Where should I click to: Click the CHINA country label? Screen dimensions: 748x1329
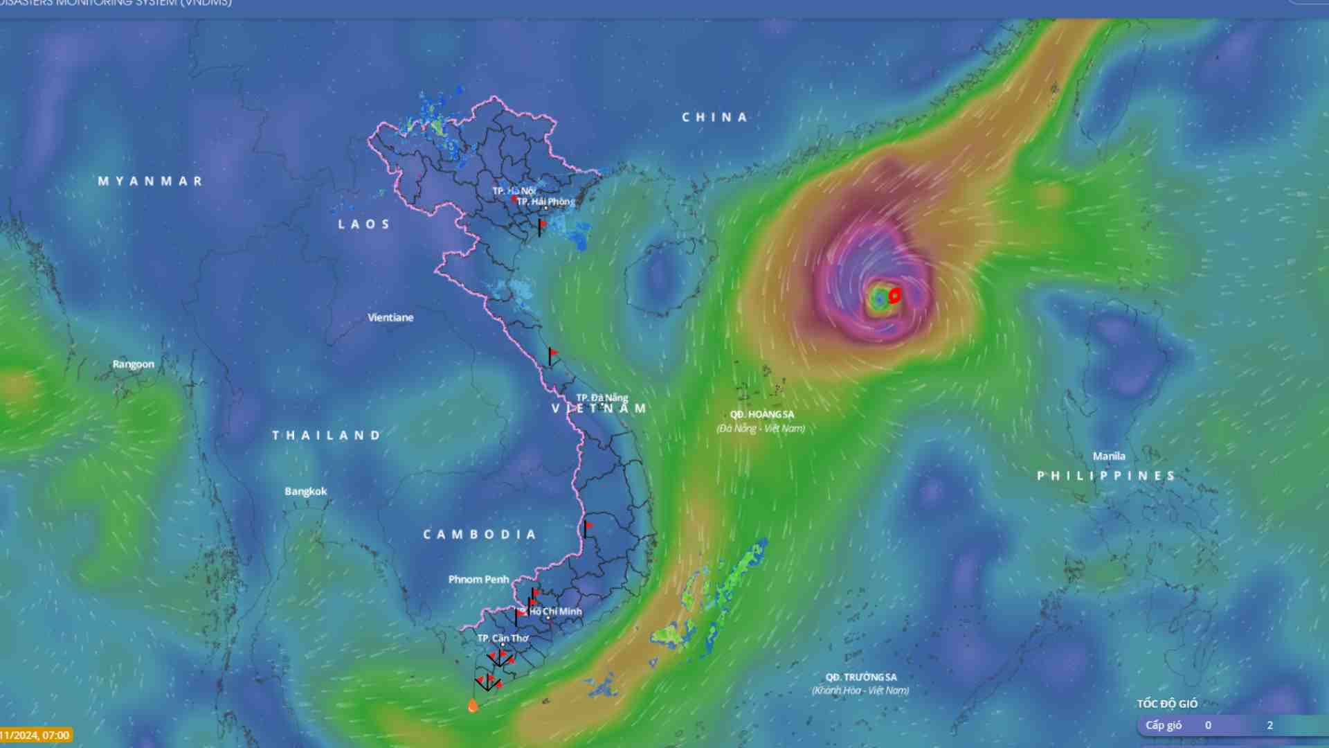714,117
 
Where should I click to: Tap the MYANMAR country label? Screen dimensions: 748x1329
150,181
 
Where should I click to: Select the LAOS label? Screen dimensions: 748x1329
364,224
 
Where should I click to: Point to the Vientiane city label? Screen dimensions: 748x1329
390,317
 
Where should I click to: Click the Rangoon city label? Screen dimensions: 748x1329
134,364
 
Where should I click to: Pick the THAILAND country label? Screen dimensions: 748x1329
326,436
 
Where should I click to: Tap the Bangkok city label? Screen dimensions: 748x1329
306,491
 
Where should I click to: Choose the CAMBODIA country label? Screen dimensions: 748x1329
480,535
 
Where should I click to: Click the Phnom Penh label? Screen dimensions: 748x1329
478,579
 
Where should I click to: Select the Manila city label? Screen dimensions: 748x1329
1109,456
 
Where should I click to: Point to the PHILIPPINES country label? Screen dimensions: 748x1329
1106,476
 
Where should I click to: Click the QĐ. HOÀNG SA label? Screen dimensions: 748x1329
762,414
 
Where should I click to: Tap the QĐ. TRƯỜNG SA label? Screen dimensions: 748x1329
861,677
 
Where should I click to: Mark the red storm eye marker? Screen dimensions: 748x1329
894,296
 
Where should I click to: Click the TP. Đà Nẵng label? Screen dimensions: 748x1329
602,398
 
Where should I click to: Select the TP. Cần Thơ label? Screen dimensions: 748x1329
503,638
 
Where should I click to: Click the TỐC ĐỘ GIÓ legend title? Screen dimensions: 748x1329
1167,704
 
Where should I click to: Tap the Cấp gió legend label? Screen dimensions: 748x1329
1164,725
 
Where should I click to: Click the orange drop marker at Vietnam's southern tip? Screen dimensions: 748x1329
473,706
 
